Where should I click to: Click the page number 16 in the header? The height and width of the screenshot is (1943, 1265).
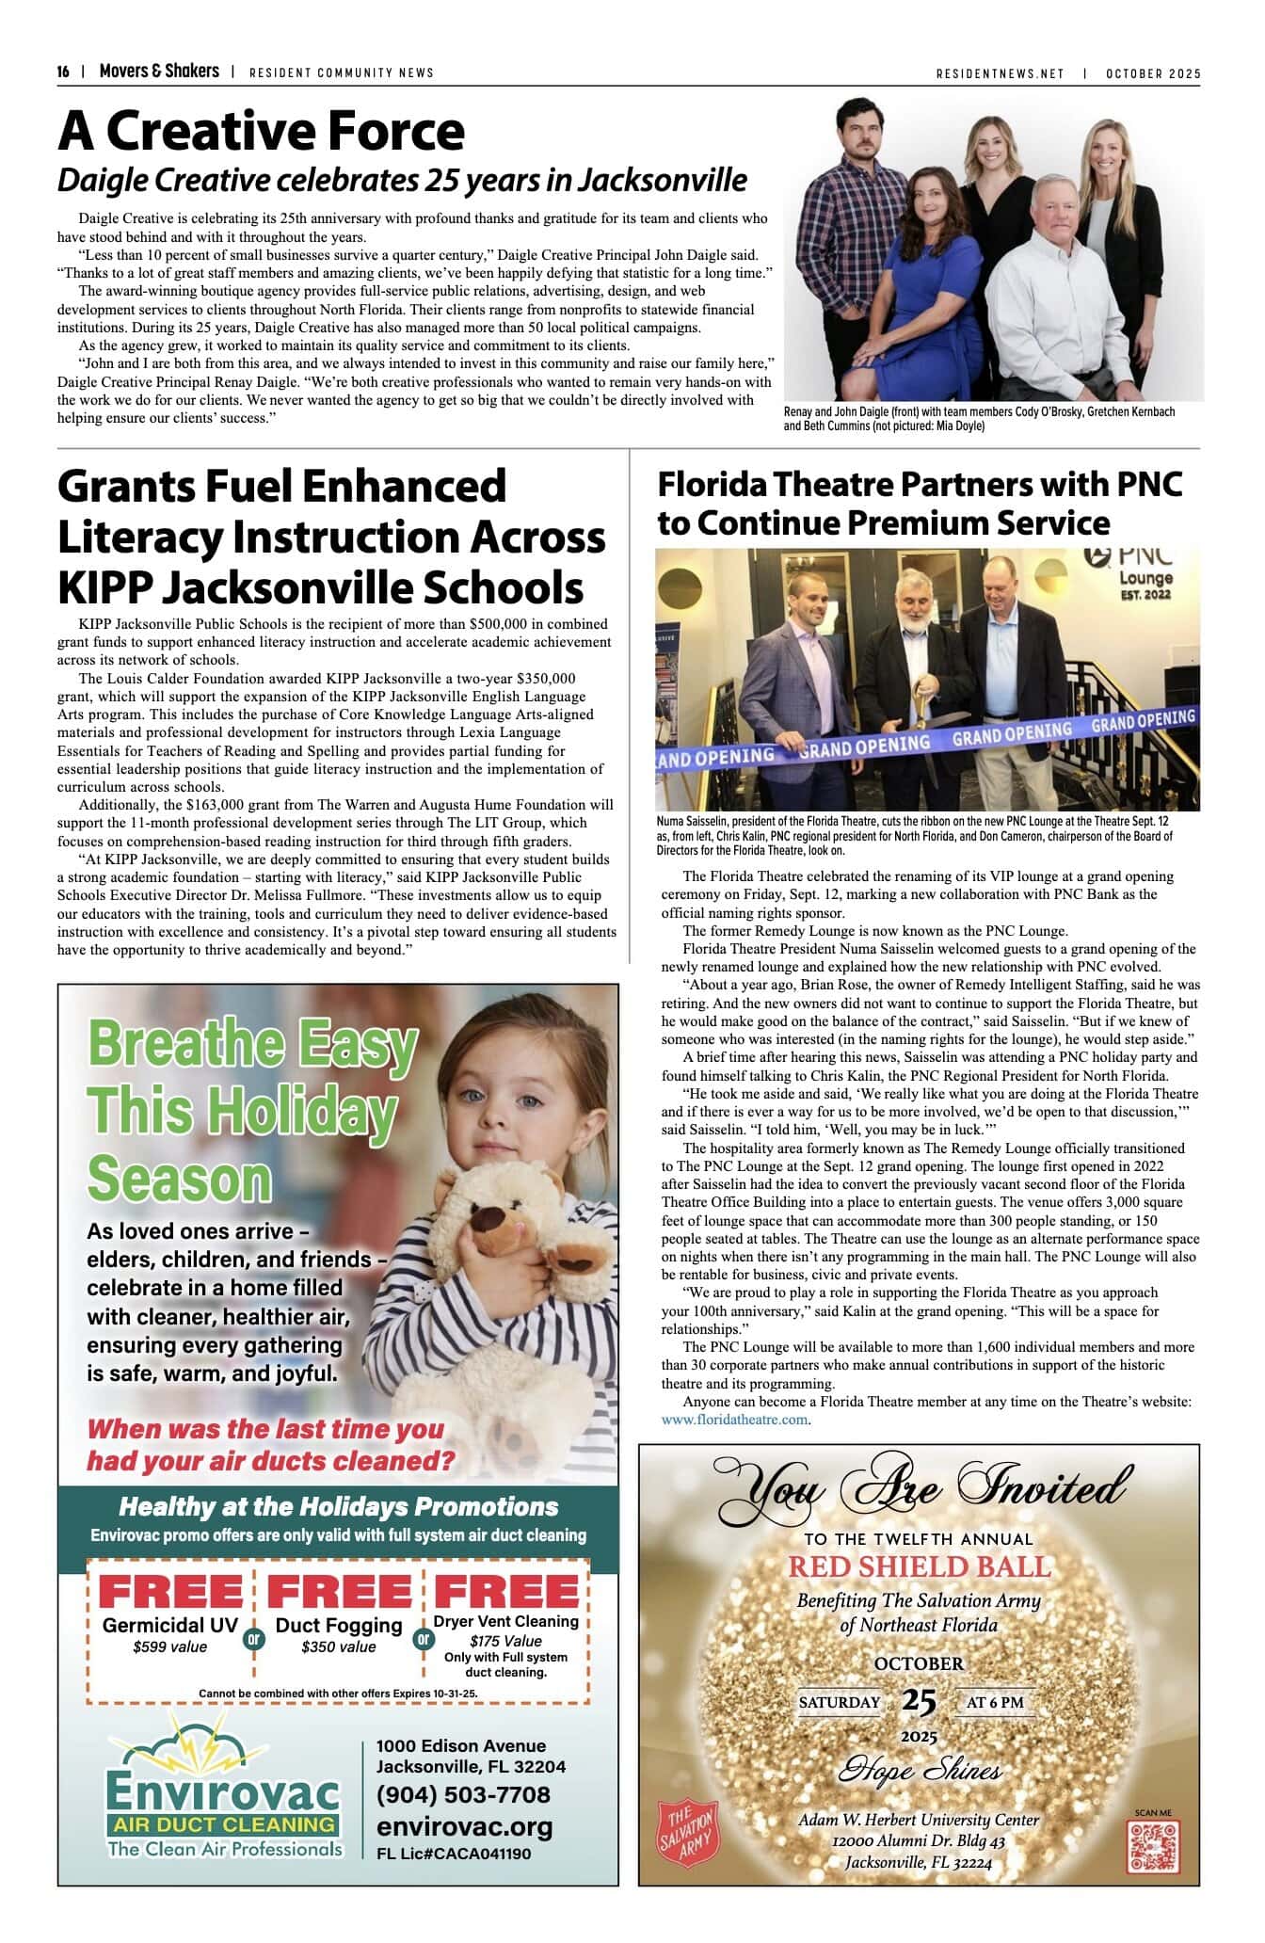[63, 72]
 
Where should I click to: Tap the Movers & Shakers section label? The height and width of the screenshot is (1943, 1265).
[159, 72]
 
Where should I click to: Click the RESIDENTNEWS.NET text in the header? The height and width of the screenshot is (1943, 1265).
[1000, 73]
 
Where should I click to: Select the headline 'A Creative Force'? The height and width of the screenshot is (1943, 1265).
[261, 131]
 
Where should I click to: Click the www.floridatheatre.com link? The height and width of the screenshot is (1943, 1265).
[734, 1419]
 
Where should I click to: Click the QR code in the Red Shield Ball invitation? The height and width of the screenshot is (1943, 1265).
[1152, 1846]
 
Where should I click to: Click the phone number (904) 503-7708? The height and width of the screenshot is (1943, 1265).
[463, 1794]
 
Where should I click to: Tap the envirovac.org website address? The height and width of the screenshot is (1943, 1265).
[464, 1826]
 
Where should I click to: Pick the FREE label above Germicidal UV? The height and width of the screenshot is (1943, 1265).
[170, 1592]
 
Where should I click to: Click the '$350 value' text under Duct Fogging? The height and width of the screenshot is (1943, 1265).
[339, 1646]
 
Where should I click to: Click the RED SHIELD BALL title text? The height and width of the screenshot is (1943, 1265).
[919, 1566]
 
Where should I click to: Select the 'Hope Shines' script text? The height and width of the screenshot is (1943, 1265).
[919, 1771]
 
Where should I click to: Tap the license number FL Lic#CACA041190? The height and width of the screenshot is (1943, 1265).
[454, 1854]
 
